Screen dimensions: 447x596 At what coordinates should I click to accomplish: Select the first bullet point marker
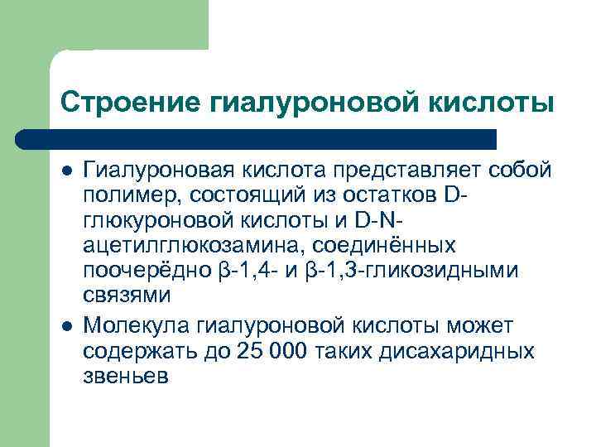(x=66, y=172)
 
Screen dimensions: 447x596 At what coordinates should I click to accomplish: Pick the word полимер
(x=132, y=196)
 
